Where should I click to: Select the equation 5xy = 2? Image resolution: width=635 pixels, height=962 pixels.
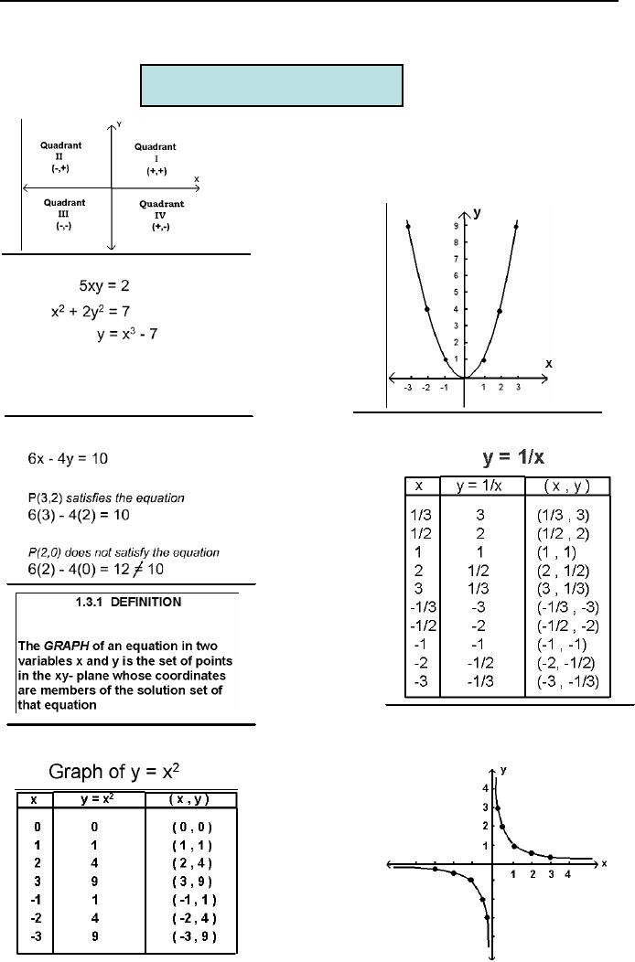point(109,285)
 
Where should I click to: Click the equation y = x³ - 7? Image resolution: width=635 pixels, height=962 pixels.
point(131,336)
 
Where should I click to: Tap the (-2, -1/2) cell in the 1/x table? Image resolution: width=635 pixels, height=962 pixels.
point(561,664)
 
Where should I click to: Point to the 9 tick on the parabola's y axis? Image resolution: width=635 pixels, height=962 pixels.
point(456,225)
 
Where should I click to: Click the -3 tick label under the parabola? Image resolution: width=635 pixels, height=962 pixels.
point(408,388)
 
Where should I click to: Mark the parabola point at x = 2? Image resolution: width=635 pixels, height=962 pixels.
point(500,310)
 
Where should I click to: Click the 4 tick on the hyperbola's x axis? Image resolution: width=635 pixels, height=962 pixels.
point(568,874)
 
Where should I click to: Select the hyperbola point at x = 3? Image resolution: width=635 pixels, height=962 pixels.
point(550,857)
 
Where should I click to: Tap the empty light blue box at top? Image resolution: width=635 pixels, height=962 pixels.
point(271,85)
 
